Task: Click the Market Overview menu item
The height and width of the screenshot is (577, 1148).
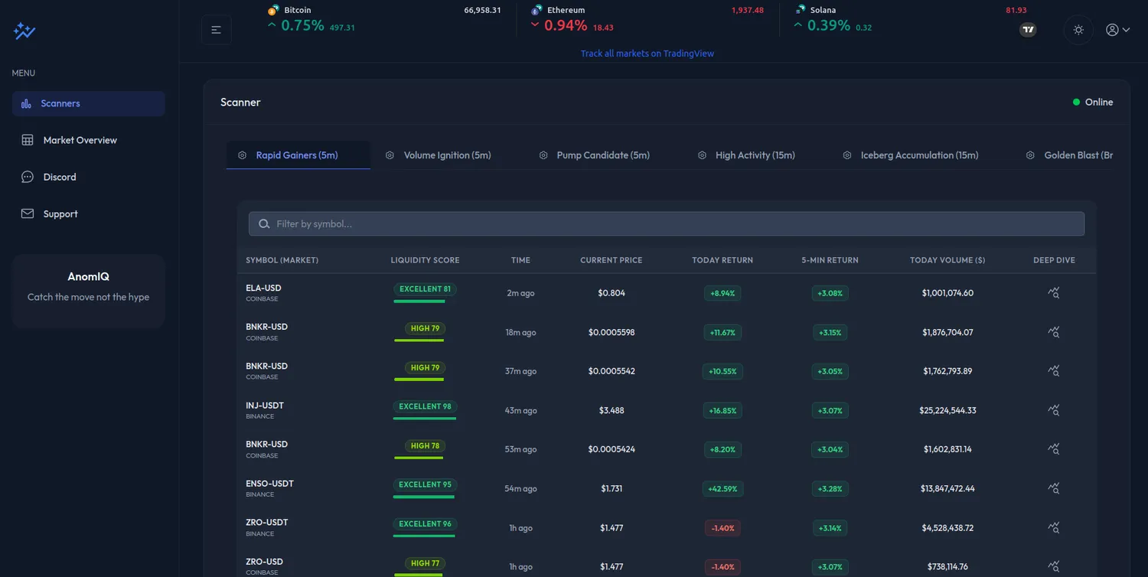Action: point(80,140)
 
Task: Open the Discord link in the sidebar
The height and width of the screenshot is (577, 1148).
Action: point(60,177)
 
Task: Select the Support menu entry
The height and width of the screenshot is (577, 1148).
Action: point(60,214)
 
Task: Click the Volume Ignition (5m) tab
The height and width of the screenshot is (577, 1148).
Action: point(447,155)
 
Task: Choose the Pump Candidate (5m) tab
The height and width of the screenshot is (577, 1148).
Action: point(603,155)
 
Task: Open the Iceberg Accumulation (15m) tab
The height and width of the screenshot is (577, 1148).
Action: point(919,155)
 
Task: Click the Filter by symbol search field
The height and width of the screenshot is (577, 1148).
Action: point(666,224)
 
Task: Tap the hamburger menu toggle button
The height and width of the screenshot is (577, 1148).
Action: point(217,30)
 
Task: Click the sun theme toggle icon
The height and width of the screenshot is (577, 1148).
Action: point(1078,30)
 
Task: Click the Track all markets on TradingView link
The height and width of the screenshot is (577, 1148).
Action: point(647,54)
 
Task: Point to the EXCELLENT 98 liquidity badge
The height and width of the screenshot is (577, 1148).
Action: point(425,406)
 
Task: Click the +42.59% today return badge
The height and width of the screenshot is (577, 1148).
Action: point(722,488)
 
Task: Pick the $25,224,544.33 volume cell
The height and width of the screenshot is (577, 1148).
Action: point(947,410)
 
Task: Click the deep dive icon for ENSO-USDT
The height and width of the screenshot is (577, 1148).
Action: point(1054,488)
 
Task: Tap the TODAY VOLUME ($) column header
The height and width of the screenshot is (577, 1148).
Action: point(947,260)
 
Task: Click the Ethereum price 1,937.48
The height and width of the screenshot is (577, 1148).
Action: point(747,10)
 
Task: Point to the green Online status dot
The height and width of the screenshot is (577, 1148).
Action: point(1076,102)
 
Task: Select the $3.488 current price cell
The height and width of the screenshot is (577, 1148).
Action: point(612,410)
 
